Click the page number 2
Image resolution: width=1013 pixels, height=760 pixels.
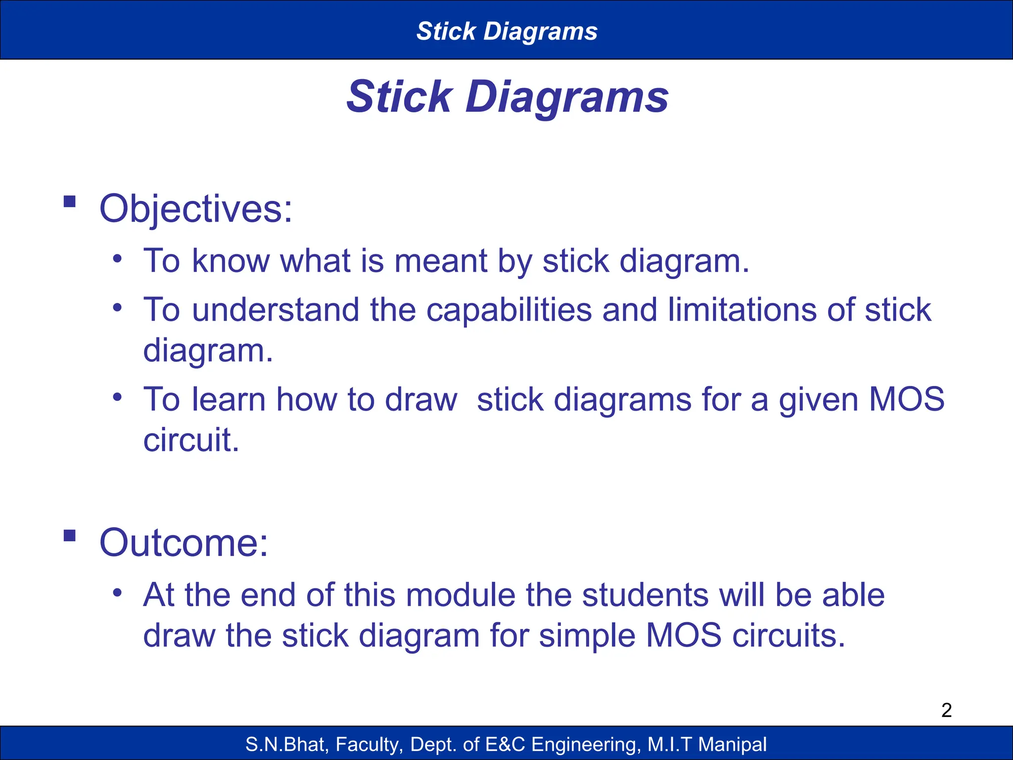946,710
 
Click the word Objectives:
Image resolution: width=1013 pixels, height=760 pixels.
196,209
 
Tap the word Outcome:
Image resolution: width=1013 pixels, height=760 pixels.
184,543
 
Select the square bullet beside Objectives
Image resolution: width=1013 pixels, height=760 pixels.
70,201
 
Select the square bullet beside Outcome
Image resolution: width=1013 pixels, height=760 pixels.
70,535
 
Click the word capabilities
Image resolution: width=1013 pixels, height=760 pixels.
509,310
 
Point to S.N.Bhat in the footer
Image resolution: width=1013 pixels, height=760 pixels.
287,744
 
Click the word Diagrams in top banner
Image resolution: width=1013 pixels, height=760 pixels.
540,31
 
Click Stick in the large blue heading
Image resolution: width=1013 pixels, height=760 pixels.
399,96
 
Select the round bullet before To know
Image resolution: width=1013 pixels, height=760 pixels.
117,259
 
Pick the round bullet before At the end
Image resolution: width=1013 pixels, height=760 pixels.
117,593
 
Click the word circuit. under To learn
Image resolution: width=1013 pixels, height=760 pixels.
191,440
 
